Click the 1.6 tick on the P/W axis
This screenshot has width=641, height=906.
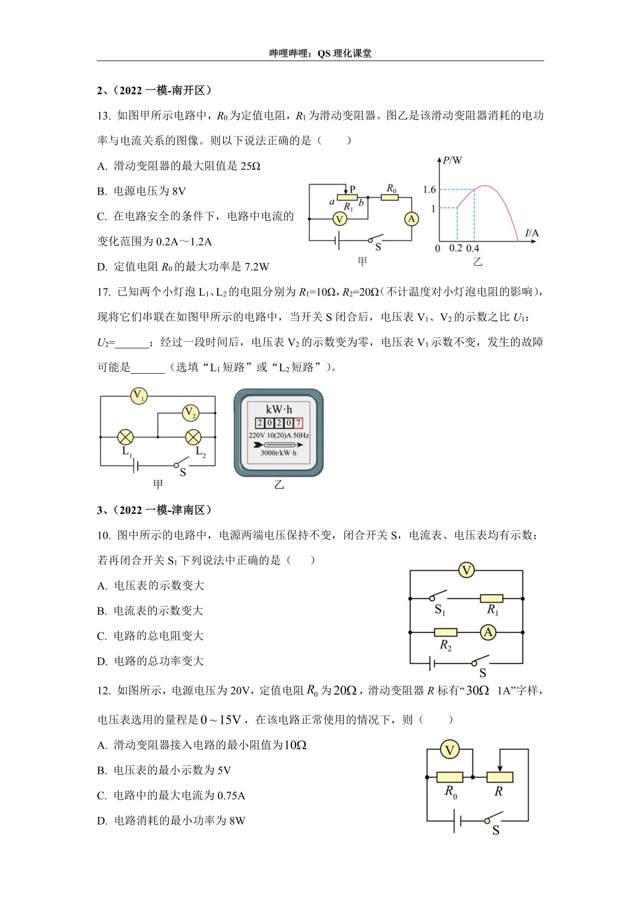pos(429,189)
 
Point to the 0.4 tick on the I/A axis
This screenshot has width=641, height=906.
pos(472,248)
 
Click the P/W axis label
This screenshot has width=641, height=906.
pos(452,160)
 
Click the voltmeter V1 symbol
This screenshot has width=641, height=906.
pos(138,395)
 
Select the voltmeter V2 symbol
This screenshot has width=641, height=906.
pos(190,412)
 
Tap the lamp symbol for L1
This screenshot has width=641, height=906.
pos(125,437)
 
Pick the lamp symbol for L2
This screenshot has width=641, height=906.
pos(193,437)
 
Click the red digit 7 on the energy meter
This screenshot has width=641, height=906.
pos(298,423)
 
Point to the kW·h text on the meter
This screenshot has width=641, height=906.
pos(279,409)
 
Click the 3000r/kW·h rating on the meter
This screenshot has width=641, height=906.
pos(278,453)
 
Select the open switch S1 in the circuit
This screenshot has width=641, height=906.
pos(438,595)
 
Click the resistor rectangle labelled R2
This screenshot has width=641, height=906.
pos(445,632)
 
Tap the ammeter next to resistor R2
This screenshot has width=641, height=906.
pos(488,632)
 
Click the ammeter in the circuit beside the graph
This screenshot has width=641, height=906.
pos(411,219)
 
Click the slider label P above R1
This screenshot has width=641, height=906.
pos(353,189)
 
